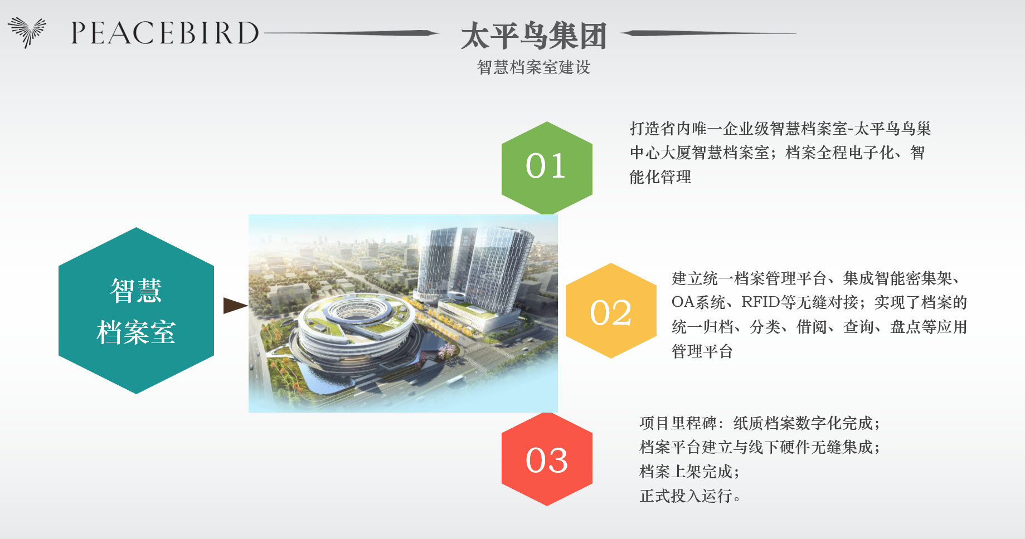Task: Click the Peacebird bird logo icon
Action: pyautogui.click(x=27, y=32)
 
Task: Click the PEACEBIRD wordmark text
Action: pyautogui.click(x=165, y=33)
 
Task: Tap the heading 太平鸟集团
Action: pyautogui.click(x=533, y=36)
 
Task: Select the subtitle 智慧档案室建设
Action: pyautogui.click(x=533, y=67)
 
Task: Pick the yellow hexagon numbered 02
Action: pyautogui.click(x=611, y=311)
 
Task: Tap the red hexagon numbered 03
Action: pyautogui.click(x=547, y=459)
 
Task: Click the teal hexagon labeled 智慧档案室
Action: pyautogui.click(x=136, y=311)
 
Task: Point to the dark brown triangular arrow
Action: pyautogui.click(x=235, y=306)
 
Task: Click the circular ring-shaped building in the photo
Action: pyautogui.click(x=357, y=326)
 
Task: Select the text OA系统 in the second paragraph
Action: pyautogui.click(x=698, y=302)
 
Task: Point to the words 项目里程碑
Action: pyautogui.click(x=678, y=423)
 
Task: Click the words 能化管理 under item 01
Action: pyautogui.click(x=660, y=177)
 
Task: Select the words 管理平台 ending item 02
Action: pyautogui.click(x=702, y=351)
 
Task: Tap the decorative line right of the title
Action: pyautogui.click(x=708, y=33)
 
